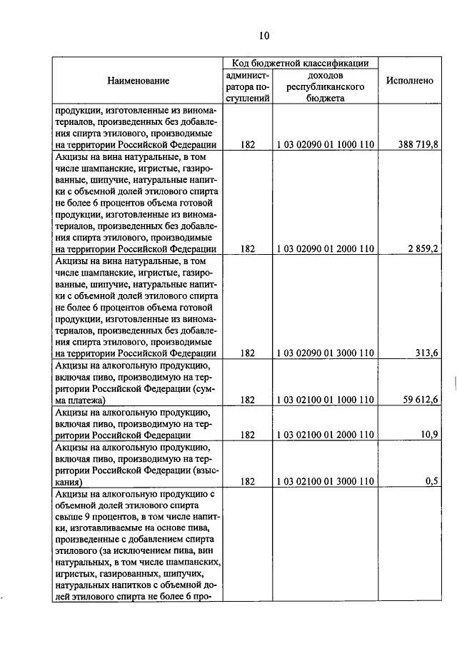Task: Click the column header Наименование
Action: point(139,81)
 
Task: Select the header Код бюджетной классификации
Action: point(300,64)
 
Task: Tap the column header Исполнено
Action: point(410,81)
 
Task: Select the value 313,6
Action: point(428,353)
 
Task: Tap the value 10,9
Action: point(430,434)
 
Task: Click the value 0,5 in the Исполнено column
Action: point(432,481)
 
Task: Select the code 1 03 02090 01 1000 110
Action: point(326,144)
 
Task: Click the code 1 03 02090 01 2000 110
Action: point(326,248)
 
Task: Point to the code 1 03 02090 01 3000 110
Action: point(326,353)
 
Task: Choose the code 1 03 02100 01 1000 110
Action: point(326,399)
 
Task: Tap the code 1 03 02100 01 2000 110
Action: point(326,434)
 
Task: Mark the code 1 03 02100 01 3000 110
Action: point(326,481)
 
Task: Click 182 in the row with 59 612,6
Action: point(248,399)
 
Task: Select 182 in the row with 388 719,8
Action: point(248,144)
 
